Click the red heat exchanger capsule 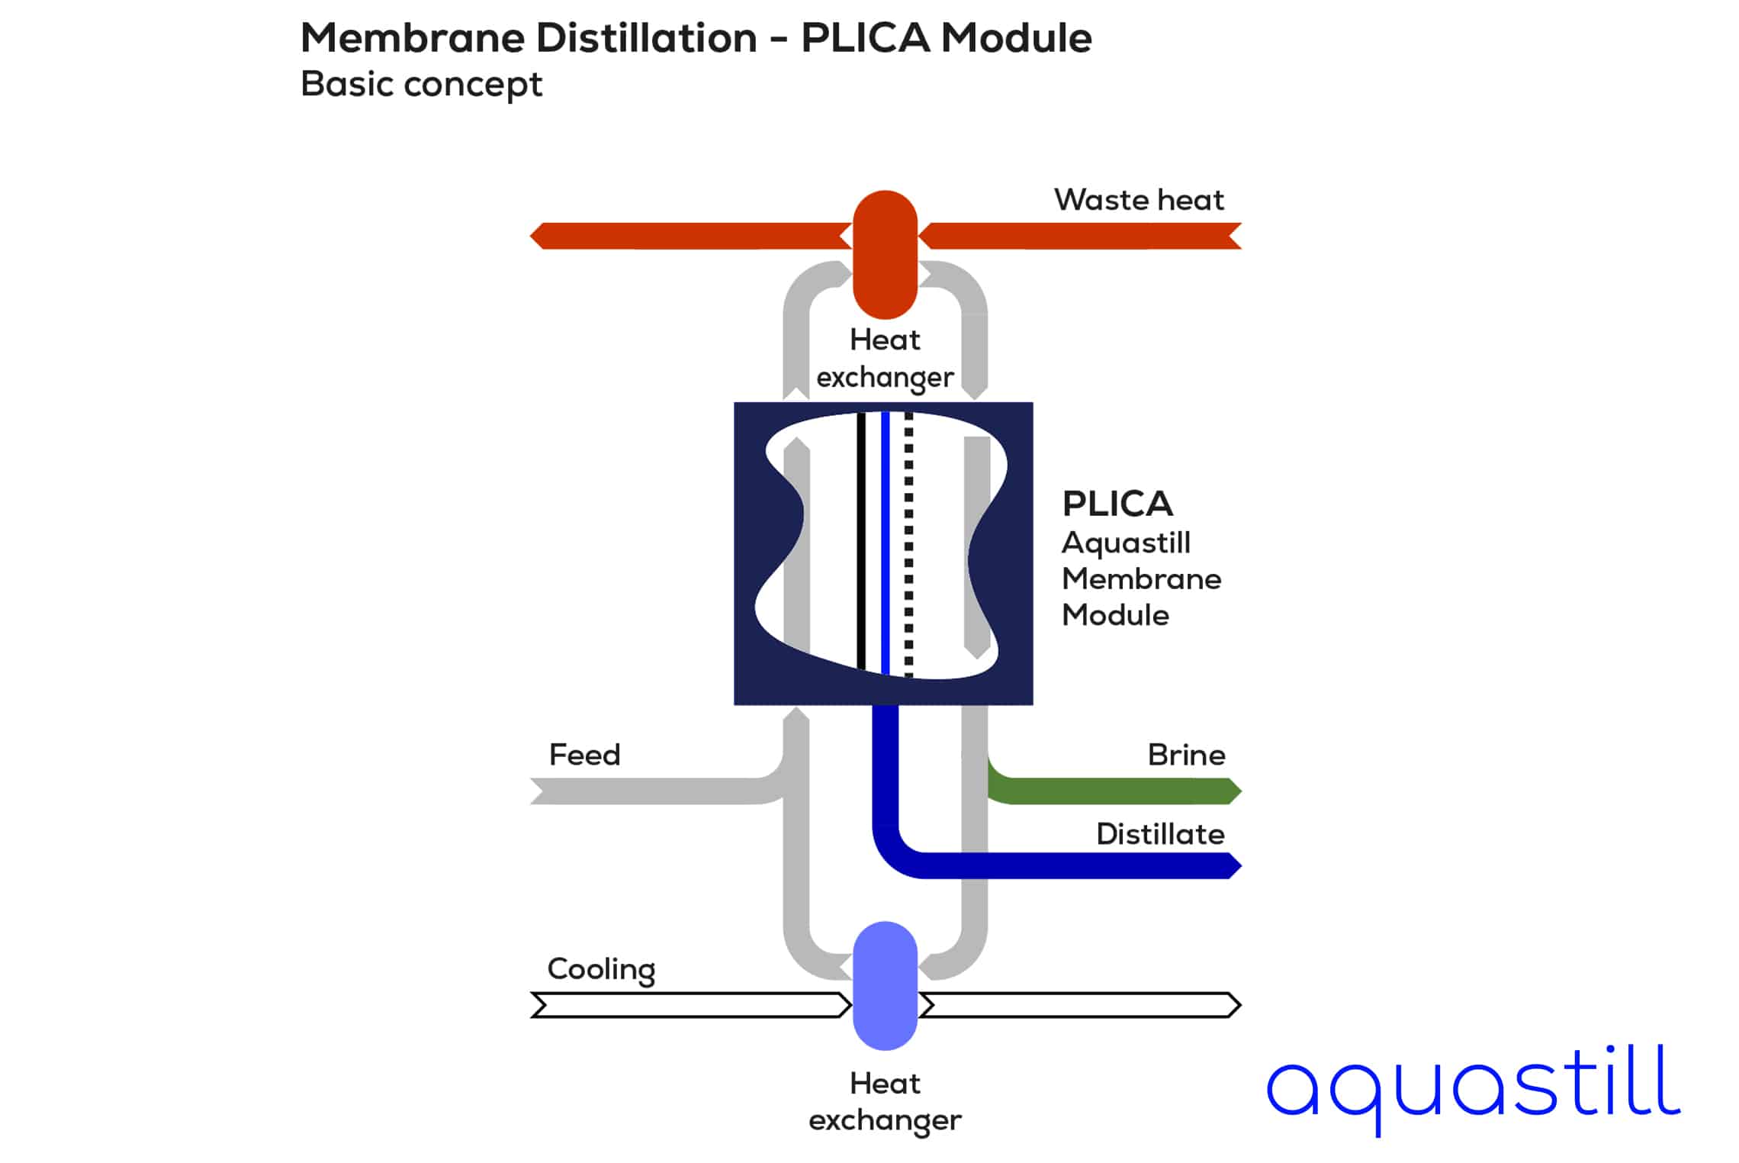tap(885, 254)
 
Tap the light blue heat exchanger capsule tap(885, 985)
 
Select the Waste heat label tap(1138, 200)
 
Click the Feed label tap(584, 755)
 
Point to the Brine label tap(1186, 755)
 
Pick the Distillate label tap(1160, 834)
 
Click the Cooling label tap(601, 969)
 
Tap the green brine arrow tap(1114, 791)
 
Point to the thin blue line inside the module tap(885, 543)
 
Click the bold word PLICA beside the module tap(1117, 504)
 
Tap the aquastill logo tap(1472, 1087)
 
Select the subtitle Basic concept tap(421, 84)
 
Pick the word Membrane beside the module tap(1141, 579)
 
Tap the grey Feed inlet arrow tap(648, 791)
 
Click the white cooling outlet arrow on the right tap(1079, 1005)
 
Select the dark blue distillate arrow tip tap(1230, 865)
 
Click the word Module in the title tap(1016, 37)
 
